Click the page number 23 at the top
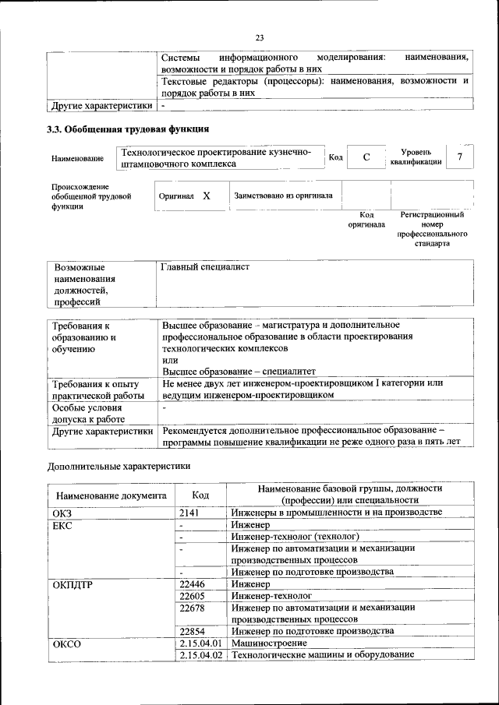(x=260, y=37)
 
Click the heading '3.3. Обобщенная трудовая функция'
(x=127, y=129)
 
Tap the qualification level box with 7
(x=460, y=157)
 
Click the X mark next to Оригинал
(x=207, y=196)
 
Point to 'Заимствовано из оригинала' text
(x=283, y=196)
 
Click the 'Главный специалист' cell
(x=205, y=267)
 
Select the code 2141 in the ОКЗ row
(x=190, y=512)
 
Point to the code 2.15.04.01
(x=201, y=643)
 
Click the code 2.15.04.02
(x=201, y=655)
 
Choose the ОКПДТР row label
(x=73, y=583)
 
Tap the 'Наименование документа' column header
(x=111, y=495)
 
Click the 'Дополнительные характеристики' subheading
(x=119, y=466)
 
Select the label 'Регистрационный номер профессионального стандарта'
(x=432, y=228)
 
